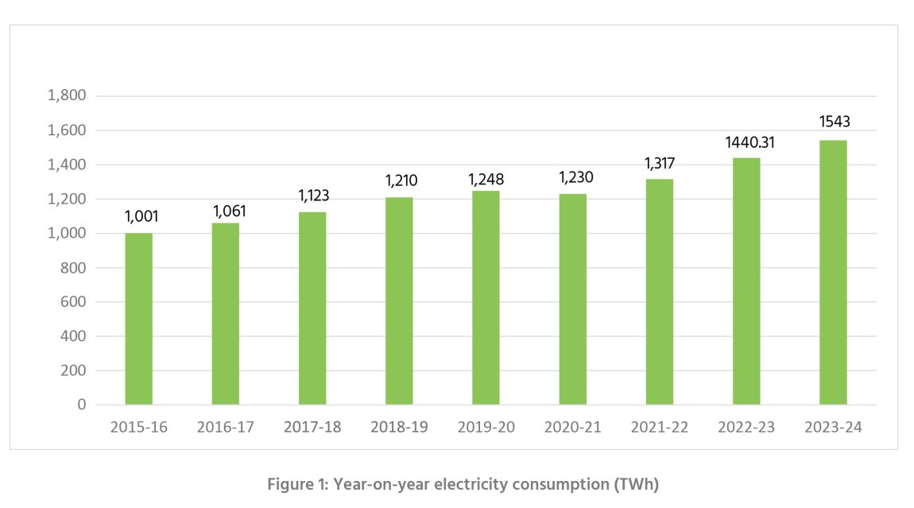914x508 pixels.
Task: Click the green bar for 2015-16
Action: pyautogui.click(x=139, y=319)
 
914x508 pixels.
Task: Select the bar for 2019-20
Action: pyautogui.click(x=486, y=298)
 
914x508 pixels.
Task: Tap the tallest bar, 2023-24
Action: pyautogui.click(x=833, y=273)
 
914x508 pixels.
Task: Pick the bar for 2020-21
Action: pyautogui.click(x=573, y=300)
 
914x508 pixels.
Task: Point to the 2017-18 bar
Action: pyautogui.click(x=312, y=308)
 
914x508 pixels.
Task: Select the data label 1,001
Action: pyautogui.click(x=142, y=216)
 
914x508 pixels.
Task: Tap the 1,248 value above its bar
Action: pyautogui.click(x=486, y=179)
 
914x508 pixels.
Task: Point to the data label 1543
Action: pyautogui.click(x=835, y=122)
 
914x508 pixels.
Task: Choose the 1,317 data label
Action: pyautogui.click(x=660, y=163)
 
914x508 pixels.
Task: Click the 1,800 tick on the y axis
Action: pyautogui.click(x=67, y=96)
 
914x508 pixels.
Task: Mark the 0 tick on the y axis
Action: pyautogui.click(x=81, y=405)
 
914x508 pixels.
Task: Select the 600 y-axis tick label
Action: pyautogui.click(x=72, y=302)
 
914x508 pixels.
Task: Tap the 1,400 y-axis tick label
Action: pyautogui.click(x=67, y=165)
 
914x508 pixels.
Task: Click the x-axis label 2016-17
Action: pyautogui.click(x=226, y=427)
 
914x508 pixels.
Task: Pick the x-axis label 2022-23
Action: pyautogui.click(x=746, y=427)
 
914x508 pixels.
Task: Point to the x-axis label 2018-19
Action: pyautogui.click(x=399, y=427)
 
